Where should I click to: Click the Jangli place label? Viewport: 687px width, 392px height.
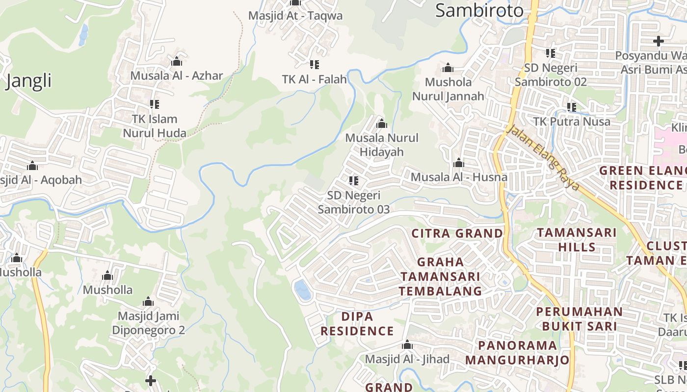coord(28,80)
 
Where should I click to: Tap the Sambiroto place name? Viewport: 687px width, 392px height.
coord(479,10)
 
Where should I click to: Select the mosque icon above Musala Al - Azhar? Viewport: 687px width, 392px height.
coord(177,62)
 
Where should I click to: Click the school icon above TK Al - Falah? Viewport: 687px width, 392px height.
coord(315,65)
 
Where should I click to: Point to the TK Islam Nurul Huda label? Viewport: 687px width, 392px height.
coord(155,126)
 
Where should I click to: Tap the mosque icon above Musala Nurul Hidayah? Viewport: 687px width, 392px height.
coord(381,123)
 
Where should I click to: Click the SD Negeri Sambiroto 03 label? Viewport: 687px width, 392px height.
coord(353,202)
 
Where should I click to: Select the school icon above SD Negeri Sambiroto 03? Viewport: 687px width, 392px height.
coord(353,181)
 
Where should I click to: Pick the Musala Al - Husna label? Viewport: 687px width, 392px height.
coord(459,177)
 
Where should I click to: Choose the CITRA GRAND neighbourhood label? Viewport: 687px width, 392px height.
coord(457,233)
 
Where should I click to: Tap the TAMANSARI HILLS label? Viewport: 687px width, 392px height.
coord(577,239)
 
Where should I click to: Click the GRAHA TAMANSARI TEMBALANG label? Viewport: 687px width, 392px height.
coord(440,276)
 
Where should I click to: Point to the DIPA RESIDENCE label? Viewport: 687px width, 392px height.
coord(357,324)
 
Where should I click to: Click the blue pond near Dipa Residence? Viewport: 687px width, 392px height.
coord(302,290)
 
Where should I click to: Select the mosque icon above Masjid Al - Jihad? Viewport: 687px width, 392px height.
coord(407,345)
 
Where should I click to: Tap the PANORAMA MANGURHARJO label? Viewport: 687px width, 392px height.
coord(517,353)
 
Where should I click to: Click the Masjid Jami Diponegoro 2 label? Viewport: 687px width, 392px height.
coord(148,323)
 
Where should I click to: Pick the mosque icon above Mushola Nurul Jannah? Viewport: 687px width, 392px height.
coord(448,68)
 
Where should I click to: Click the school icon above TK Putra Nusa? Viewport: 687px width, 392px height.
coord(572,107)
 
